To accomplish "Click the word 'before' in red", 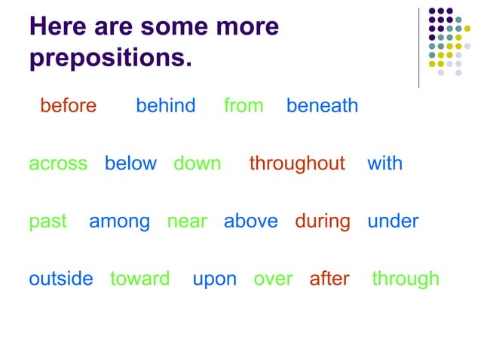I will pyautogui.click(x=68, y=105).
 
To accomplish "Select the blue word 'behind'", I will pyautogui.click(x=165, y=105).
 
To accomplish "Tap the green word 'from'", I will pyautogui.click(x=244, y=105).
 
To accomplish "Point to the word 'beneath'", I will pyautogui.click(x=322, y=105).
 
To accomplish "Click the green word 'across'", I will pyautogui.click(x=58, y=163).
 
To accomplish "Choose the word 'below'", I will pyautogui.click(x=130, y=163).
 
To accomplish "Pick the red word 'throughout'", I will pyautogui.click(x=297, y=163).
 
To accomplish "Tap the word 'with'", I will pyautogui.click(x=384, y=163).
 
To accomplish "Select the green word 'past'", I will pyautogui.click(x=47, y=222).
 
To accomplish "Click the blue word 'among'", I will pyautogui.click(x=119, y=222).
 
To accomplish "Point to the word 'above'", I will pyautogui.click(x=250, y=221).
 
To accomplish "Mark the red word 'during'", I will pyautogui.click(x=323, y=222).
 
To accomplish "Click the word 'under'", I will pyautogui.click(x=393, y=221).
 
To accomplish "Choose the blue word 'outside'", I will pyautogui.click(x=61, y=279).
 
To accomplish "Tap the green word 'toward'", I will pyautogui.click(x=139, y=279).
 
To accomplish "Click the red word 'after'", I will pyautogui.click(x=329, y=279).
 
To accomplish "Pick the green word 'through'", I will pyautogui.click(x=406, y=279).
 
